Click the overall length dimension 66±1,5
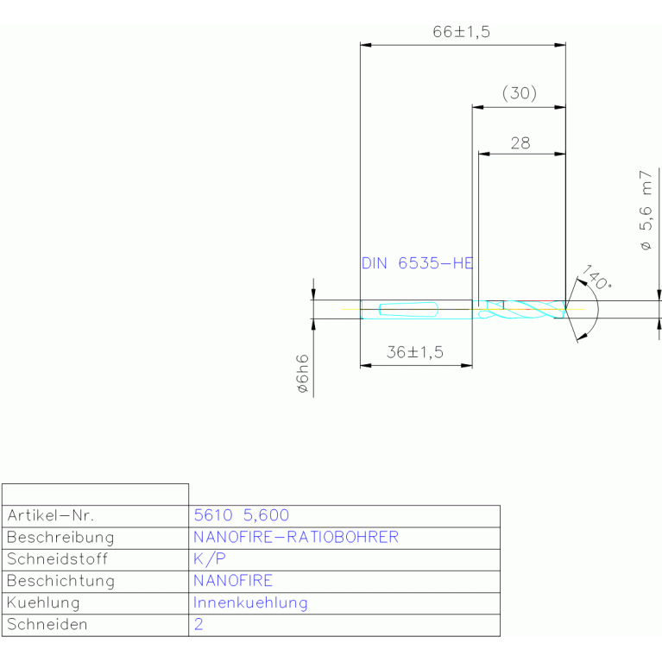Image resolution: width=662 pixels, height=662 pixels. (x=461, y=32)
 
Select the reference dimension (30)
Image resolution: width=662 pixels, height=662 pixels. (x=520, y=93)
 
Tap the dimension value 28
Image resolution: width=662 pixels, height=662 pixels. (x=520, y=143)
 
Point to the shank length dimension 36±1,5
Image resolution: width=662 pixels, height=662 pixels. (x=415, y=352)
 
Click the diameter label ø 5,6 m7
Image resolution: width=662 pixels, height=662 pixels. (x=646, y=211)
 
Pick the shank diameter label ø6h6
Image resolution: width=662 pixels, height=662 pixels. (x=303, y=374)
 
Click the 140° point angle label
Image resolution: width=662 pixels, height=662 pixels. (x=596, y=277)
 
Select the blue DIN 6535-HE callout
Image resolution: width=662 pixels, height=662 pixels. (x=417, y=263)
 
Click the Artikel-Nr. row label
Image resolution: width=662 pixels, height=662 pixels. (x=50, y=515)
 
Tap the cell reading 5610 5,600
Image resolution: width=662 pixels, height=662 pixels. (x=242, y=515)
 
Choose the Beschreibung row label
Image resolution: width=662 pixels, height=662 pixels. (x=60, y=538)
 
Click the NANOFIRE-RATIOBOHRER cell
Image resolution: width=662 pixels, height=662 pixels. (x=296, y=537)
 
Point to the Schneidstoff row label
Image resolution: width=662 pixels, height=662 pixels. (x=57, y=559)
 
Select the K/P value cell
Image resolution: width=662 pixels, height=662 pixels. (x=210, y=559)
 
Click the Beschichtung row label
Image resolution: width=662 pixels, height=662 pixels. (x=60, y=581)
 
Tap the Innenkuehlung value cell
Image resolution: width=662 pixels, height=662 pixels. (x=250, y=603)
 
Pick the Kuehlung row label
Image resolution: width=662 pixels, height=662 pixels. (x=43, y=603)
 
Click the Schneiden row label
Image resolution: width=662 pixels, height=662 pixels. (x=47, y=624)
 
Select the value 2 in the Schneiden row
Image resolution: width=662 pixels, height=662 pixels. (x=199, y=624)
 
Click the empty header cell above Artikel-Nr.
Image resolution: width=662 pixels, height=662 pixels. (x=96, y=495)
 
